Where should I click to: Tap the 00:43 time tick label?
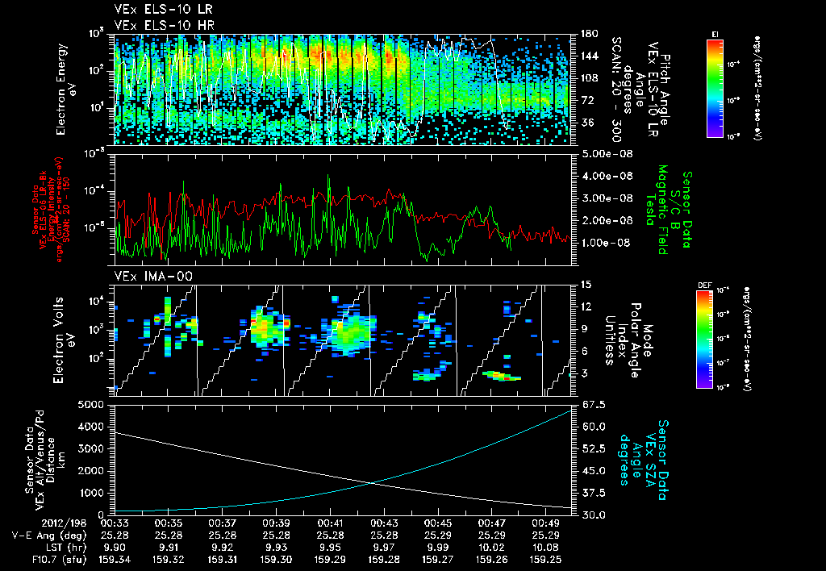[x=384, y=522]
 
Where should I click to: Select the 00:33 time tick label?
[x=115, y=522]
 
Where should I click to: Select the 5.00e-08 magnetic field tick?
[x=603, y=153]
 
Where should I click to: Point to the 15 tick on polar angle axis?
[x=586, y=284]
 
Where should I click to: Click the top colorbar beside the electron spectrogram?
[x=715, y=85]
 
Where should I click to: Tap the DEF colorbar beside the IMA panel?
[x=703, y=339]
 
